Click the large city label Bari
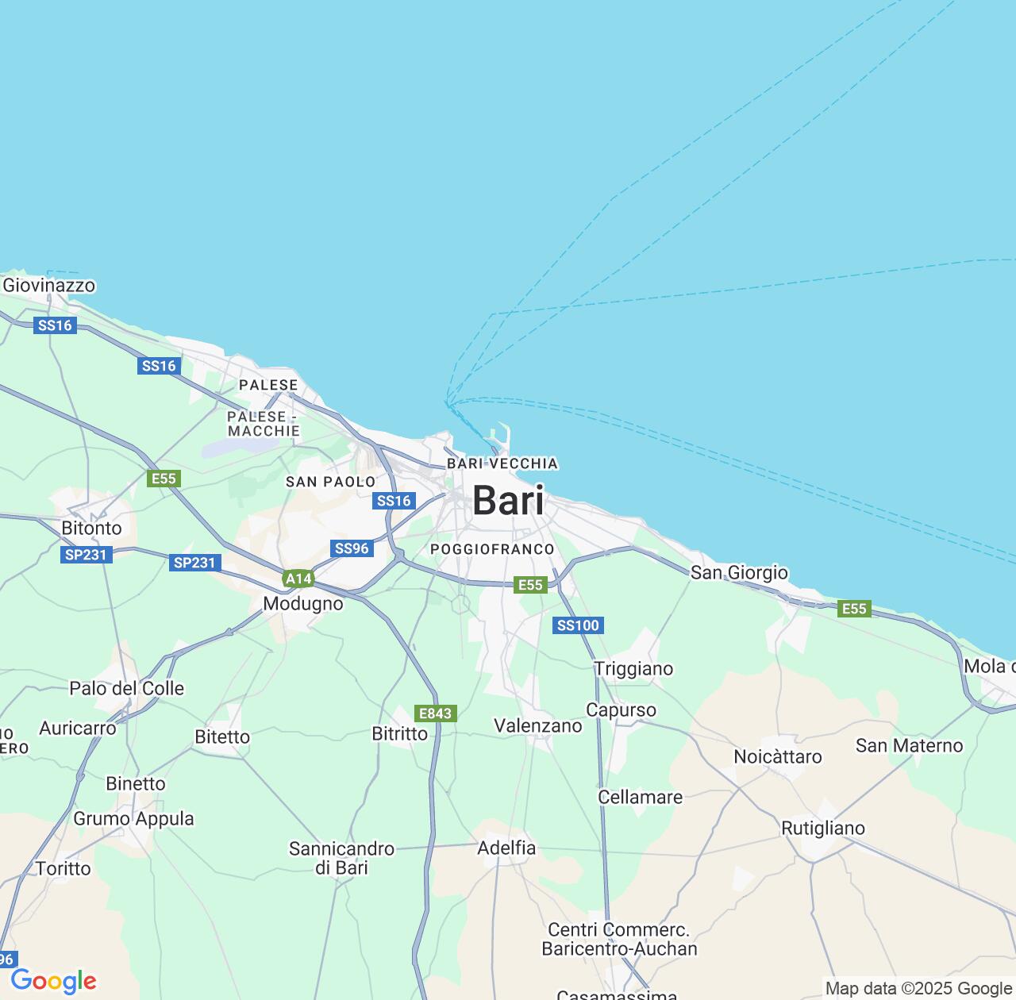pos(508,501)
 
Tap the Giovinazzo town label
pos(49,285)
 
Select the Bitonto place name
pos(92,528)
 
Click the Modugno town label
pos(303,603)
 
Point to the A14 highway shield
pos(298,579)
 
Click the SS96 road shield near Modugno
pos(352,548)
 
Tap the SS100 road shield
pos(578,625)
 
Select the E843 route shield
pos(435,713)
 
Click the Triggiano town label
pos(633,668)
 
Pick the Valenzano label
pos(538,725)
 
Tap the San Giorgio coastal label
pos(739,572)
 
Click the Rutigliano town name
pos(823,828)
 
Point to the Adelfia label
pos(506,848)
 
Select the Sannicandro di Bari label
pos(341,858)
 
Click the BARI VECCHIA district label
pos(502,463)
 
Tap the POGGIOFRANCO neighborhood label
pos(492,549)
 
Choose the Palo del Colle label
pos(127,688)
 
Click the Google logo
pos(53,981)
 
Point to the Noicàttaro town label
pos(778,756)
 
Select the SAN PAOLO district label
pos(330,482)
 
